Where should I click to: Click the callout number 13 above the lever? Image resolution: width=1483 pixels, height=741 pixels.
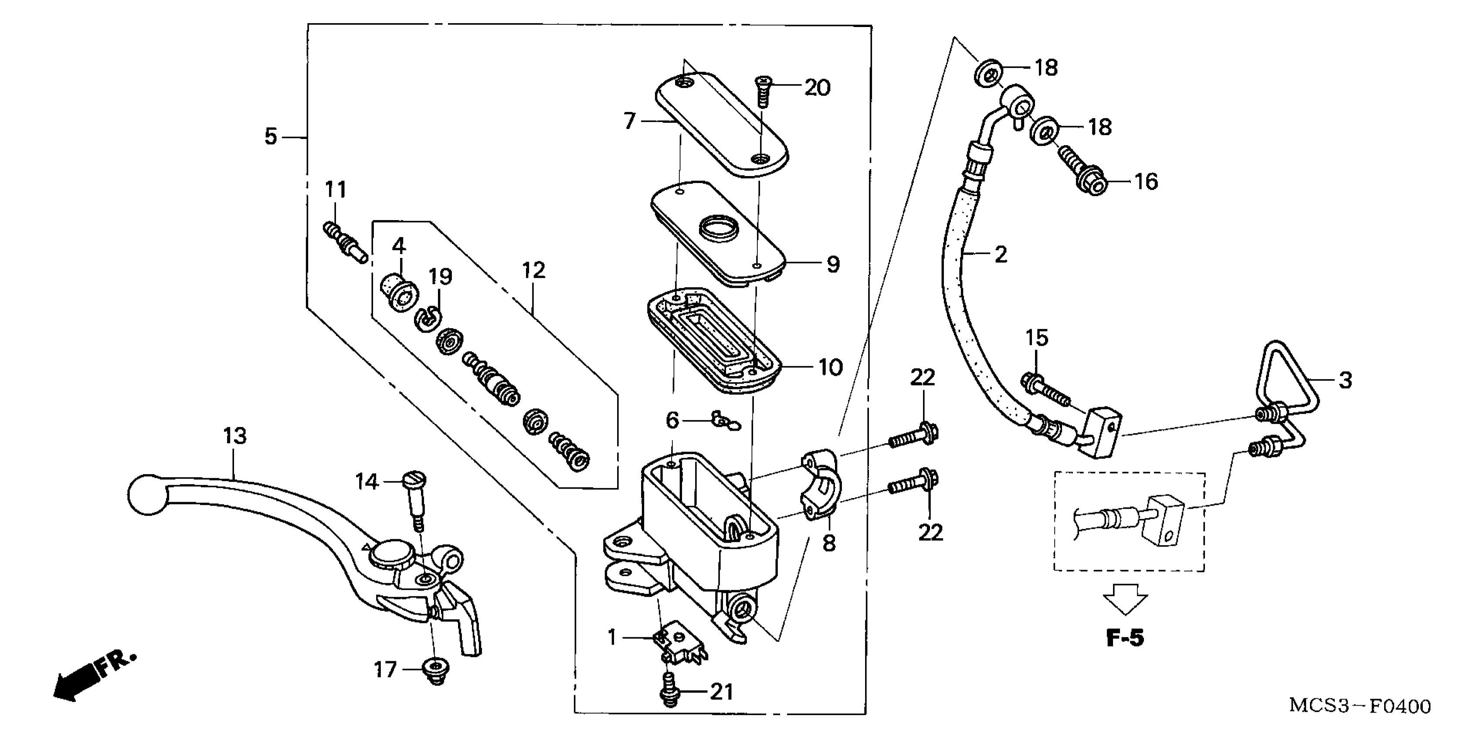tap(235, 436)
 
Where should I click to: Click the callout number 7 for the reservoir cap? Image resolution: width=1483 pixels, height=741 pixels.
tap(629, 122)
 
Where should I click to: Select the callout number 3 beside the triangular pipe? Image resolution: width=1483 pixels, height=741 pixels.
tap(1345, 381)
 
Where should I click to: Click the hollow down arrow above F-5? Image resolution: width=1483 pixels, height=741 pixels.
tap(1125, 598)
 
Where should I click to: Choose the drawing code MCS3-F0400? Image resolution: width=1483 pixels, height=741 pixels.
tap(1359, 706)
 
